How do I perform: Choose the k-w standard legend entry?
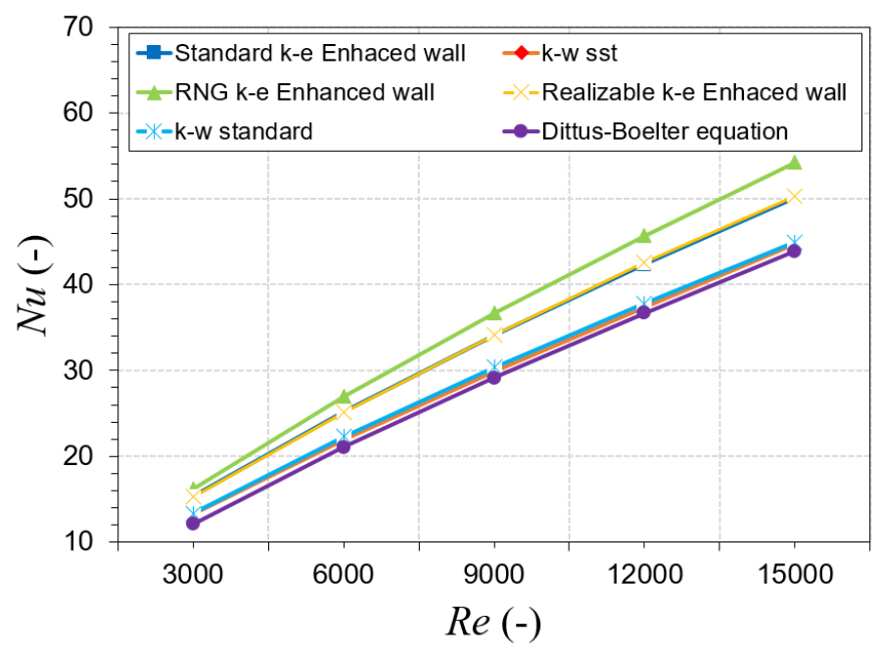click(244, 130)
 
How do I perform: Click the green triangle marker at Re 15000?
click(794, 163)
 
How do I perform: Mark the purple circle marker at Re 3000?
click(193, 523)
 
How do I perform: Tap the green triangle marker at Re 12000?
click(644, 236)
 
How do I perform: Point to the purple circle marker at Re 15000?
click(794, 251)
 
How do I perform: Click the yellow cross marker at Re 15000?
click(794, 196)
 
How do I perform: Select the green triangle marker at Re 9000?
click(493, 313)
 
